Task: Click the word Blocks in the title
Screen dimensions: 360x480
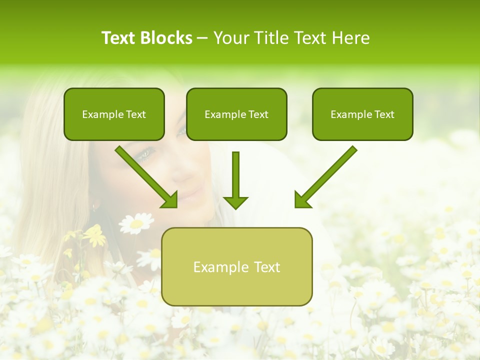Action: tap(166, 38)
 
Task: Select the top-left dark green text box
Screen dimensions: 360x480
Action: tap(114, 114)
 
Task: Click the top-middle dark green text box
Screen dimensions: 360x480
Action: tap(236, 114)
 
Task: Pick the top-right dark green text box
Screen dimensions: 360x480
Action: tap(362, 114)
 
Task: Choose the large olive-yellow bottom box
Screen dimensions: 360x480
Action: tap(236, 267)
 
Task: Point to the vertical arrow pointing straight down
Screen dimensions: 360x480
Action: tap(235, 177)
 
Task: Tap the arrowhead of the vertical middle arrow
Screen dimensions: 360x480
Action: tap(235, 202)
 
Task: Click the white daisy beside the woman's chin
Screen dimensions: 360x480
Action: tap(136, 223)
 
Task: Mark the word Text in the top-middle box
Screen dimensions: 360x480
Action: tap(257, 114)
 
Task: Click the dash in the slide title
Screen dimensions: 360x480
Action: tap(202, 38)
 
